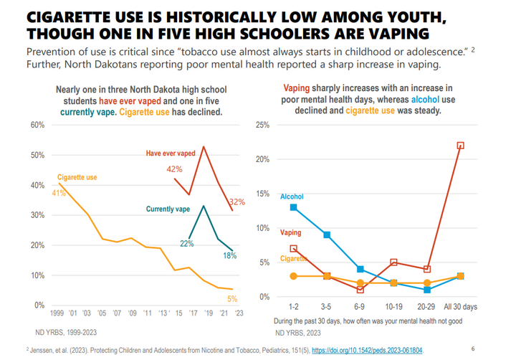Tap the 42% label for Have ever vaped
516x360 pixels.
(x=174, y=169)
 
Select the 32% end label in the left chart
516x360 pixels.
(x=238, y=202)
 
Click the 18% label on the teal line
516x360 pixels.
(x=229, y=255)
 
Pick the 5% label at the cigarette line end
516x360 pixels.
(x=231, y=298)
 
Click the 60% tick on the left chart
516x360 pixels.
(x=37, y=125)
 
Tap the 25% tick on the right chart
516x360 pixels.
(x=262, y=125)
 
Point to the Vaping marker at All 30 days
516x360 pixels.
(x=460, y=146)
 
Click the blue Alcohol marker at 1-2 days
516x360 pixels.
(x=294, y=208)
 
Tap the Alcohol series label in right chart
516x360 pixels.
(x=292, y=196)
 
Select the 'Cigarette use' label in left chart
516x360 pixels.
(x=77, y=177)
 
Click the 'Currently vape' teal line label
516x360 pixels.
(x=168, y=209)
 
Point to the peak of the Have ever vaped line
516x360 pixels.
(x=204, y=147)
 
